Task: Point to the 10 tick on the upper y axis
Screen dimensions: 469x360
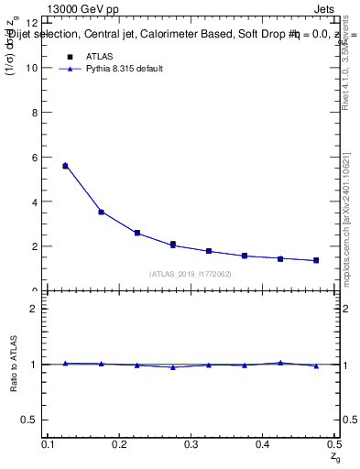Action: (x=38, y=68)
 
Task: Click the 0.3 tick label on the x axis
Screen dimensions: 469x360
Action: (x=191, y=444)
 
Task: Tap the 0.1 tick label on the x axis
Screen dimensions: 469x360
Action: (x=49, y=444)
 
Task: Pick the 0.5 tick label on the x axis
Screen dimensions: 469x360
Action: (x=334, y=444)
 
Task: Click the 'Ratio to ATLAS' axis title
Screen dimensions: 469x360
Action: (x=15, y=365)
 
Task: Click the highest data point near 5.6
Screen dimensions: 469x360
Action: (x=65, y=166)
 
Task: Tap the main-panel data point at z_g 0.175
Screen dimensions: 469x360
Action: (x=101, y=212)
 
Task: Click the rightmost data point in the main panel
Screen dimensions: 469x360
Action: (x=316, y=260)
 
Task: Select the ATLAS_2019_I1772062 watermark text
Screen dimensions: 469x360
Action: (x=191, y=274)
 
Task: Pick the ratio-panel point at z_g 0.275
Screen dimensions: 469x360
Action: (x=172, y=367)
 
